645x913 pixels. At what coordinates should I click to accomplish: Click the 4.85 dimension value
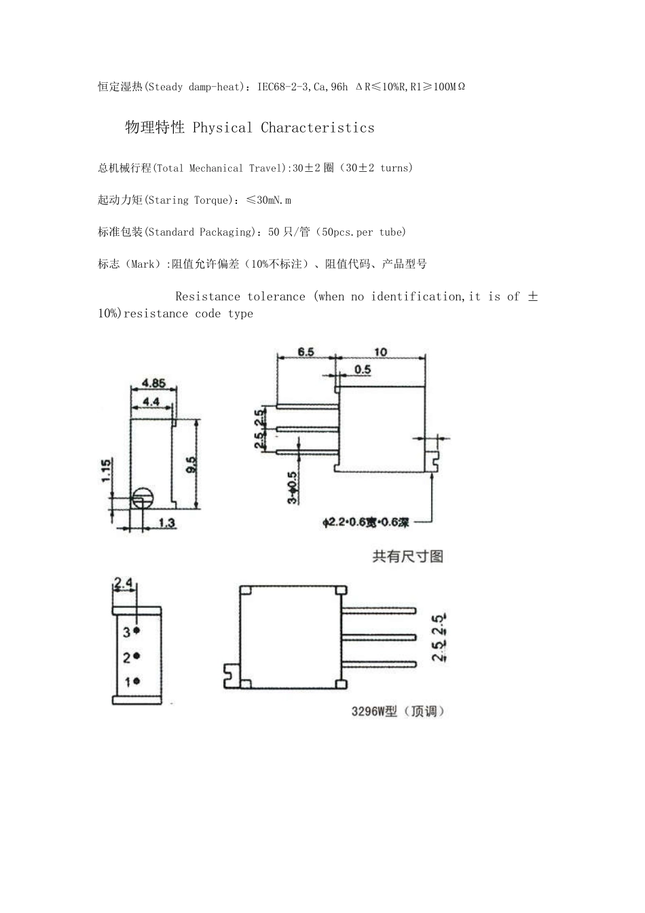coord(153,383)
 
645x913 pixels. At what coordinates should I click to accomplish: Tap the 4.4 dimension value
coord(151,402)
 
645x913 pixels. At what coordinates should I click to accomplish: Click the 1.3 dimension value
coord(166,522)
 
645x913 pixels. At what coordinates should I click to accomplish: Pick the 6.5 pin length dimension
coord(306,352)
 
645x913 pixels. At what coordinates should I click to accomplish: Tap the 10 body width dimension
coord(380,352)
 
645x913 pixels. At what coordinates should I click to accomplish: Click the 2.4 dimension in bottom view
coord(124,582)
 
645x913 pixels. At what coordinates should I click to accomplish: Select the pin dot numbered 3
coord(136,630)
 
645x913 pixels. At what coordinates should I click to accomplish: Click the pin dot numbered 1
coord(136,681)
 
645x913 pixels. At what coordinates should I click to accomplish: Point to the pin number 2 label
coord(126,657)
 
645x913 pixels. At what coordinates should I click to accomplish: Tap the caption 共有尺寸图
coord(407,556)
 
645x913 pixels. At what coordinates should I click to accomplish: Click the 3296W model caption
coord(398,712)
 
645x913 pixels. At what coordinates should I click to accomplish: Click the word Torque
coord(213,200)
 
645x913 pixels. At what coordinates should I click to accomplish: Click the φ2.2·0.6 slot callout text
coord(367,522)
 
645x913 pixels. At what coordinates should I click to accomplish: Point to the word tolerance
coord(276,296)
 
